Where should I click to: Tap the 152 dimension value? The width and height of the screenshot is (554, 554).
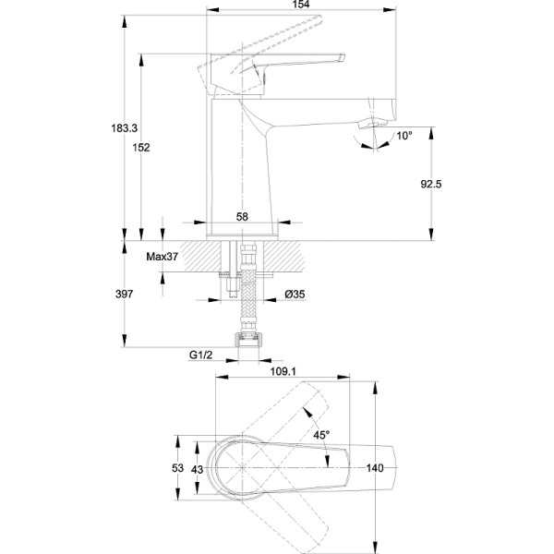pos(140,148)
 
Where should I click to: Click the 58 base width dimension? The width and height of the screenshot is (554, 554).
pos(242,216)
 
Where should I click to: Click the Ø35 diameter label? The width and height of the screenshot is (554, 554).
pos(295,295)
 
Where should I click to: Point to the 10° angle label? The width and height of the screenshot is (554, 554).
pos(404,136)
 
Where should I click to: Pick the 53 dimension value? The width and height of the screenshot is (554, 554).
pos(177,468)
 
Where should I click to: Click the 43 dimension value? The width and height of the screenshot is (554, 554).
pos(196,468)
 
